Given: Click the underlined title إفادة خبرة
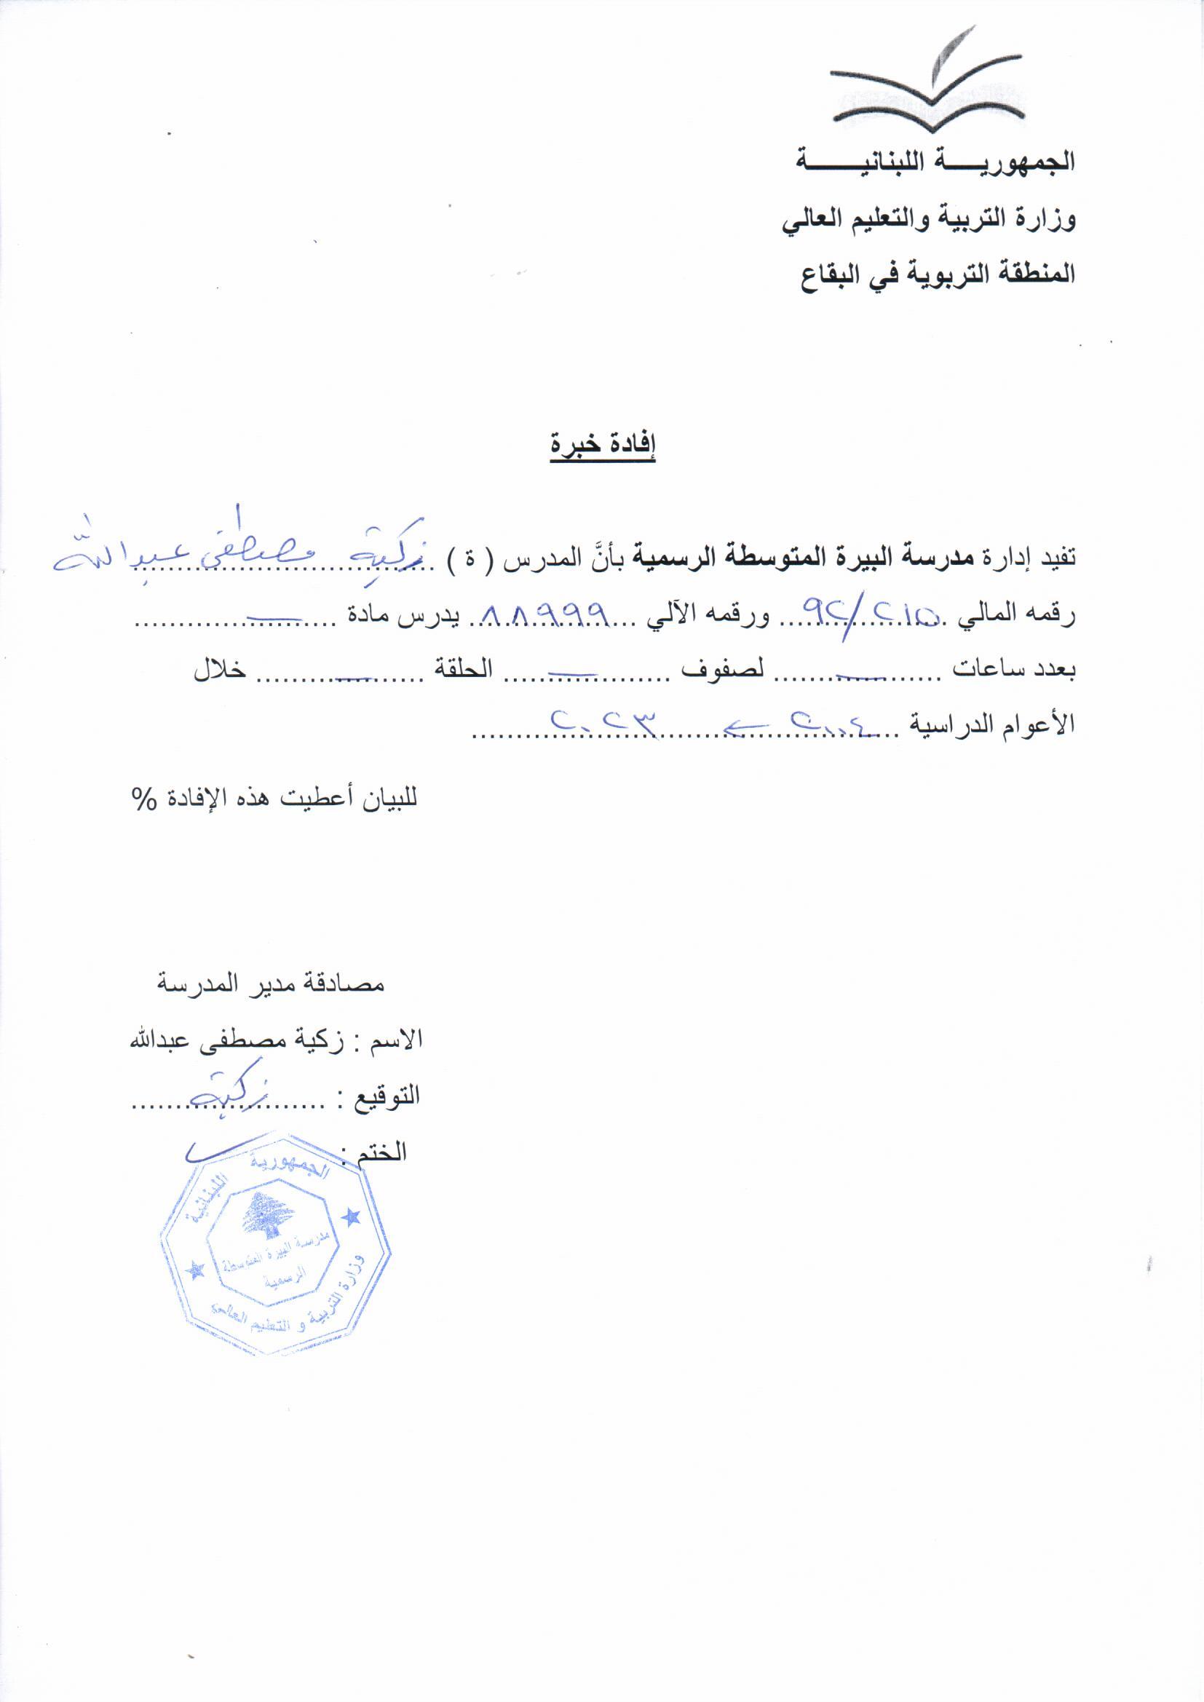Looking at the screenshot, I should [603, 445].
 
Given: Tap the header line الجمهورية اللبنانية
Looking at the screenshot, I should [935, 162].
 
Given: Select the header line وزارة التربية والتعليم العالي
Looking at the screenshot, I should [928, 219].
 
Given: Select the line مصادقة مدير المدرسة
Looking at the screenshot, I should [271, 983].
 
